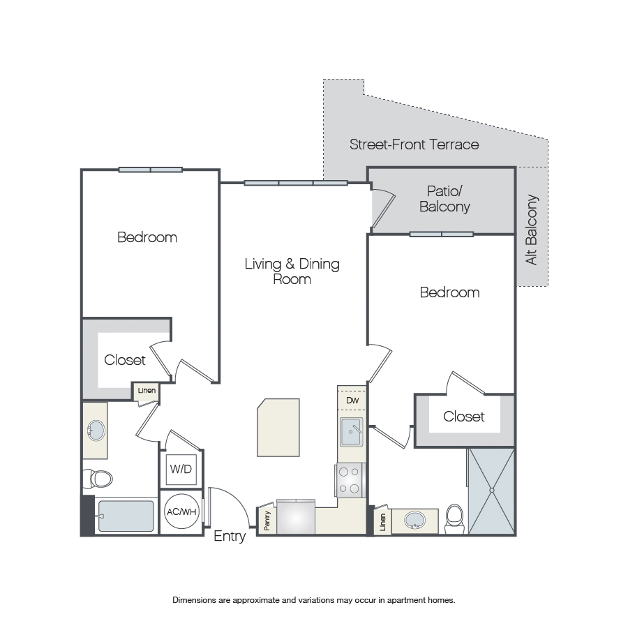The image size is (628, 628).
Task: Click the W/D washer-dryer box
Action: tap(181, 469)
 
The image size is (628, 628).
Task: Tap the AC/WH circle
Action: tap(182, 511)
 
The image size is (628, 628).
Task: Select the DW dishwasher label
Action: tap(352, 400)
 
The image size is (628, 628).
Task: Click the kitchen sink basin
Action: tap(351, 432)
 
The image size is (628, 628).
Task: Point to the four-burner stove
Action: tap(350, 480)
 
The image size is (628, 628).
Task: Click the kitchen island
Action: tap(278, 427)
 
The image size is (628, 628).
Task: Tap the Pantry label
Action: tap(267, 521)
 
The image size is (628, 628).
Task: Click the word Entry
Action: tap(230, 536)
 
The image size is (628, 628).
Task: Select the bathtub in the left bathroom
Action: tap(126, 516)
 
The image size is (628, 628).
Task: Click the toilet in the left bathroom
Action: tap(98, 478)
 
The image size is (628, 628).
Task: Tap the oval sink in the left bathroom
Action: tap(96, 431)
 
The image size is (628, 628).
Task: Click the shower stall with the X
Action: tap(491, 491)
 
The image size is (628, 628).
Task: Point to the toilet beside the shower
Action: tap(454, 518)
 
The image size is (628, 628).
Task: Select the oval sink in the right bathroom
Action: tap(414, 520)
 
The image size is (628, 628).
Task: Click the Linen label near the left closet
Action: tap(147, 391)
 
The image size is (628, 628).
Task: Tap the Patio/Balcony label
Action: tap(444, 199)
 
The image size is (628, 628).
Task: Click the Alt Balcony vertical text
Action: tap(532, 230)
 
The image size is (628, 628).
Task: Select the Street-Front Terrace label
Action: tap(414, 144)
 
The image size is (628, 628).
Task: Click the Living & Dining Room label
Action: tap(292, 271)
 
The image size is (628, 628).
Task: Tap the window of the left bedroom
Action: tap(151, 170)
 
